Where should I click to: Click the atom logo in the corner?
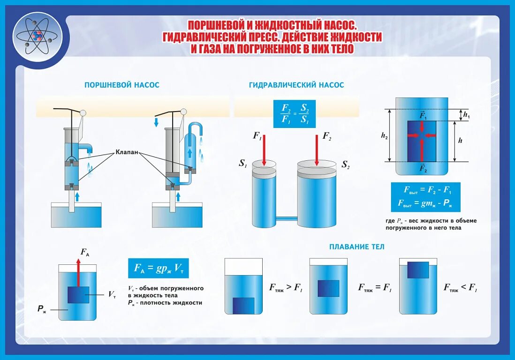click(38, 36)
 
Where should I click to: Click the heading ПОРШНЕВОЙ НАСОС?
click(121, 85)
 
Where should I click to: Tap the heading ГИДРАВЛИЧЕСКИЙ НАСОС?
click(296, 85)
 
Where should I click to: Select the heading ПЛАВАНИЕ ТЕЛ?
click(356, 247)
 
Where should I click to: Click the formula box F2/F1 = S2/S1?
click(295, 114)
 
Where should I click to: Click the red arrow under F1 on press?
click(265, 150)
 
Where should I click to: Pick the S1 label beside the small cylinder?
click(243, 164)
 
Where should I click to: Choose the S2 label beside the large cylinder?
click(346, 165)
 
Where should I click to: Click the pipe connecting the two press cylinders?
click(286, 218)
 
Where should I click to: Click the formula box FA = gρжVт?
click(158, 268)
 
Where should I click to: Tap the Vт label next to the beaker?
click(112, 294)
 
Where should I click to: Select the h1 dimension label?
click(466, 114)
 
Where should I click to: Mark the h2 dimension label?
click(385, 135)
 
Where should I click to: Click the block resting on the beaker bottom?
click(243, 306)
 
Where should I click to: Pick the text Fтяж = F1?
click(375, 288)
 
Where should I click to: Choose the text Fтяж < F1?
click(460, 288)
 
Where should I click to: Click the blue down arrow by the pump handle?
click(156, 123)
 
